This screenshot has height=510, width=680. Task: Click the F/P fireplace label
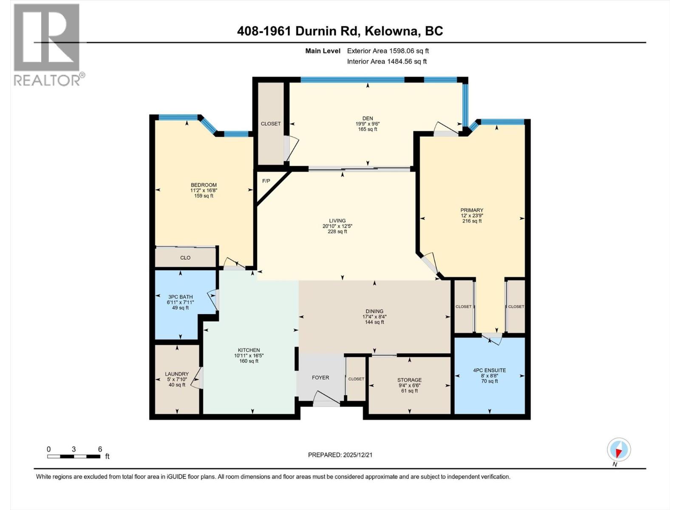point(266,181)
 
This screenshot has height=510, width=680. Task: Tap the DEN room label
point(368,119)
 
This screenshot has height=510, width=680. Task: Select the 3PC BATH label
point(180,297)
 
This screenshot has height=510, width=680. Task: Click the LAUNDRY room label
point(177,374)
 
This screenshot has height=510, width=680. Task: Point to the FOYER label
point(320,377)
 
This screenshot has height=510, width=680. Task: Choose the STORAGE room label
point(409,380)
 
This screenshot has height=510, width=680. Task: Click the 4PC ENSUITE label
point(490,370)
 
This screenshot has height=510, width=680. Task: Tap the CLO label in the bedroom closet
point(185,258)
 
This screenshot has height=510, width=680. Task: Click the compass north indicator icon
point(619,450)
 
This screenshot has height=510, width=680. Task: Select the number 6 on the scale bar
point(100,449)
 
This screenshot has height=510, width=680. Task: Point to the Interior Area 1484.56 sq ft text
point(387,61)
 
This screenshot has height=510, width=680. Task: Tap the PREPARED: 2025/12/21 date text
point(340,455)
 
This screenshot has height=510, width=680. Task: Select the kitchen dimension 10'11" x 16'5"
point(249,356)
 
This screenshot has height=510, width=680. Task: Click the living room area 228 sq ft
point(337,232)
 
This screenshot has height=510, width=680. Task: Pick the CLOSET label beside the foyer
point(356,379)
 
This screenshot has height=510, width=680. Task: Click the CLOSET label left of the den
point(271,124)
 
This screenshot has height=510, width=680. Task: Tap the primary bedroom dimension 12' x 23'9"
point(472,215)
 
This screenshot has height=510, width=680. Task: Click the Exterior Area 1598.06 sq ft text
point(388,51)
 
